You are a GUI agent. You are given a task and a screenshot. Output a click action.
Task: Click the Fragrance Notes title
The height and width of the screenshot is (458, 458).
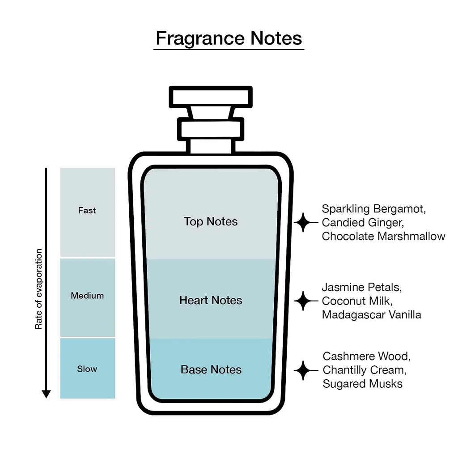pyautogui.click(x=229, y=38)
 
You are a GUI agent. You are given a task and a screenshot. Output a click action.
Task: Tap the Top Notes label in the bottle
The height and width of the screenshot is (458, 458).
pyautogui.click(x=211, y=221)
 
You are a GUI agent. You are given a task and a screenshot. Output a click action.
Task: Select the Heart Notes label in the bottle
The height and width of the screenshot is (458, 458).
pyautogui.click(x=211, y=300)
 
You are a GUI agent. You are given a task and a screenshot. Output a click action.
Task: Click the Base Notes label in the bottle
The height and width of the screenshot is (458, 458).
pyautogui.click(x=211, y=369)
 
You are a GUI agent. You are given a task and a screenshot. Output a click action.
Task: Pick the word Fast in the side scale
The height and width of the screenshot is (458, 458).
pyautogui.click(x=87, y=210)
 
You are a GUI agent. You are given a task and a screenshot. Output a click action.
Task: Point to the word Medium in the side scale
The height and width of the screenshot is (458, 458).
pyautogui.click(x=87, y=296)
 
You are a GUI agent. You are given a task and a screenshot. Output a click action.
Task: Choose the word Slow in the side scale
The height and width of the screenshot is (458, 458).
pyautogui.click(x=87, y=369)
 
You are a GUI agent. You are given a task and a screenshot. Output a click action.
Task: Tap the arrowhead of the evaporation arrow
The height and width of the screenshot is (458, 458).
pyautogui.click(x=46, y=394)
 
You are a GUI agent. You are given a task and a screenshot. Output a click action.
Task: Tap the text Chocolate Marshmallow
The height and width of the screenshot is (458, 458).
pyautogui.click(x=383, y=236)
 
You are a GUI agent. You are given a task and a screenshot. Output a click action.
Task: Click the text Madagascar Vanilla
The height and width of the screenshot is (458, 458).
pyautogui.click(x=371, y=314)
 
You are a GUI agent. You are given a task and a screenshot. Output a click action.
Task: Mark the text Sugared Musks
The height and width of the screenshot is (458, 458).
pyautogui.click(x=362, y=383)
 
